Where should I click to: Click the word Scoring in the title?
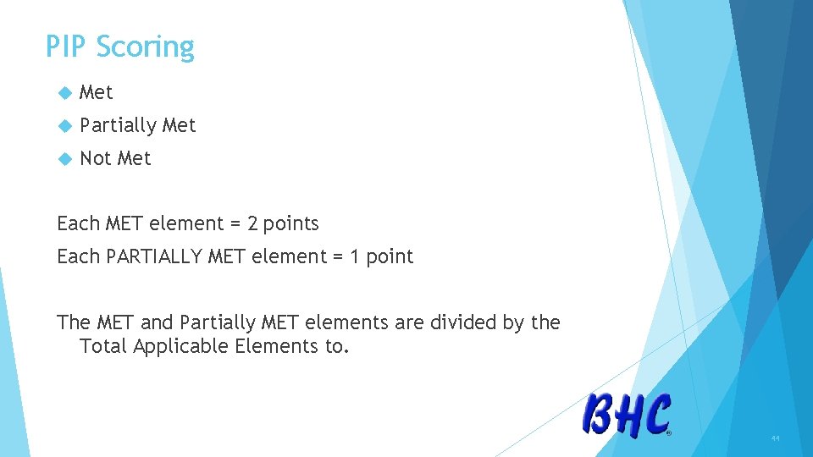tap(145, 47)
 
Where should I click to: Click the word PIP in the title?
tap(67, 47)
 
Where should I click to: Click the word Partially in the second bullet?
tap(118, 126)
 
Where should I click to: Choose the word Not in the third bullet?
tap(95, 158)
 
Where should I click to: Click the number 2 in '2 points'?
tap(252, 223)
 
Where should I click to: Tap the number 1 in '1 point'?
tap(371, 256)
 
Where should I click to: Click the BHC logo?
tap(627, 416)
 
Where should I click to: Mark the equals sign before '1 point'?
tap(353, 257)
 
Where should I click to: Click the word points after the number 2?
tap(290, 224)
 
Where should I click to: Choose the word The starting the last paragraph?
tap(74, 322)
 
